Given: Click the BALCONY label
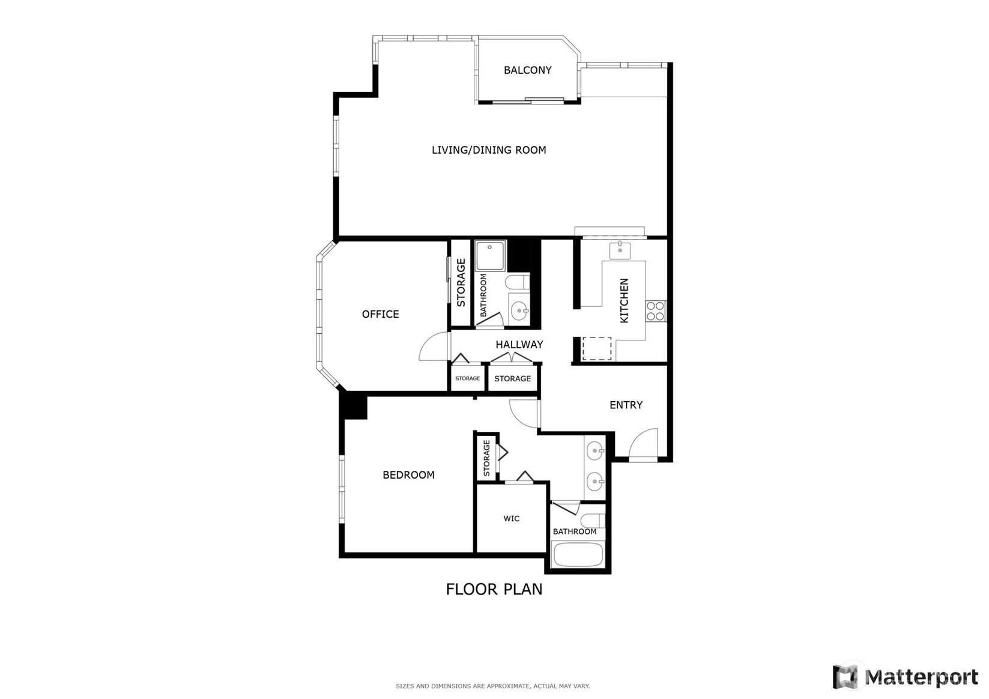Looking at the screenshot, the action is point(528,70).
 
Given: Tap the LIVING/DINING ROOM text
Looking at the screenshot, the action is point(489,150).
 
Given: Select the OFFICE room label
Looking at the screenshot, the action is point(380,315).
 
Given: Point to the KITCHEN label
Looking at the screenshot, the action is point(625,301).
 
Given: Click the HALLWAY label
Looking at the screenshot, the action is point(519,345).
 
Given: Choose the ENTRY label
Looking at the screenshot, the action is point(626,405).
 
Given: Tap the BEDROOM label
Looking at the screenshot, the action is point(408,474).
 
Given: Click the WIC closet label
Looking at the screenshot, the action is point(511,518).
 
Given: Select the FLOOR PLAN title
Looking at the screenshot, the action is point(494,589).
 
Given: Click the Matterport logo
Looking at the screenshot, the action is point(905,677).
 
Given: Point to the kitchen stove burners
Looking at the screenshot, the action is point(656,311).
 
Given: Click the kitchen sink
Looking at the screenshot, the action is point(620,250).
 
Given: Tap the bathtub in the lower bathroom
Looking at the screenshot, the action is point(578,555).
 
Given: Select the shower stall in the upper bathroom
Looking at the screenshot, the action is point(491,256).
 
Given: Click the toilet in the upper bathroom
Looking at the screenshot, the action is point(518,282).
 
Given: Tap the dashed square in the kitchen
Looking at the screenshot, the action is point(597,348).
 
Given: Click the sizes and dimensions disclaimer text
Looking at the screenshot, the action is point(493,686).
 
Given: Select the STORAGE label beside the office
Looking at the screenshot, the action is point(461,283).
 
